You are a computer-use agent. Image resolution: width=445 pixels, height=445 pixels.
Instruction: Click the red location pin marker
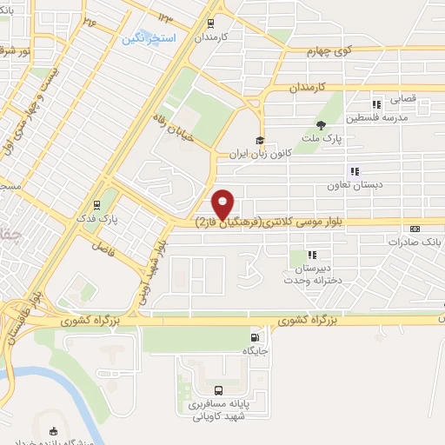(x=224, y=203)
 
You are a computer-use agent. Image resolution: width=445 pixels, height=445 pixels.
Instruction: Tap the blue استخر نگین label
(x=149, y=39)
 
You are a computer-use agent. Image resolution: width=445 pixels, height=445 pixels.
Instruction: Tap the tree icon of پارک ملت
(x=321, y=124)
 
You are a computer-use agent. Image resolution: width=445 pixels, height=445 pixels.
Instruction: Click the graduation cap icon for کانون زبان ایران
(x=258, y=140)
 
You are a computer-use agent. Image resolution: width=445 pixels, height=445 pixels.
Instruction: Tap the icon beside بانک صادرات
(x=415, y=229)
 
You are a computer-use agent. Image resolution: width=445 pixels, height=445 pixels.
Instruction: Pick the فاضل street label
(x=106, y=246)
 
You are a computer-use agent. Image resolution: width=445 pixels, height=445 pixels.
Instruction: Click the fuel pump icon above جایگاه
(x=254, y=337)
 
